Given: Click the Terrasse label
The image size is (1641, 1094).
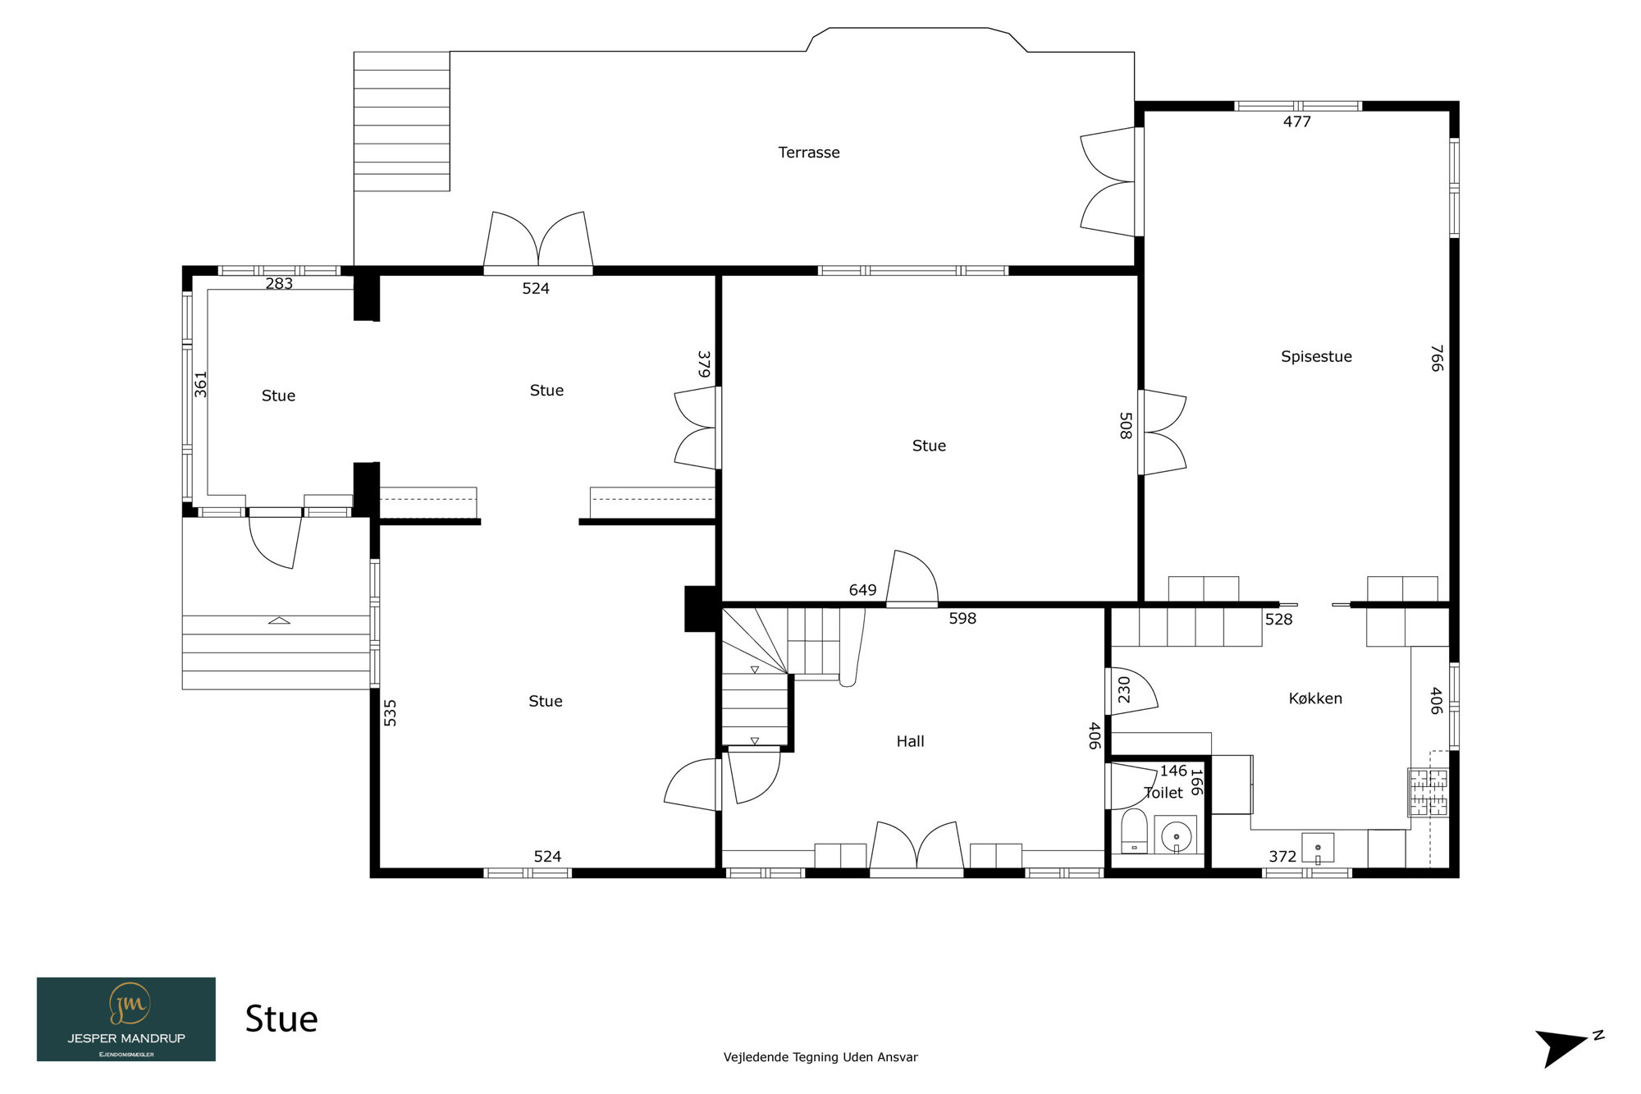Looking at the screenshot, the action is click(809, 153).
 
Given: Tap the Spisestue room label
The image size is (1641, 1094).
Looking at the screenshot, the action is click(1316, 356).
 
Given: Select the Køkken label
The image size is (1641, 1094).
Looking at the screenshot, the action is click(1315, 698).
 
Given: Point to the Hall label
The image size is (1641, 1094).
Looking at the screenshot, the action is click(910, 741).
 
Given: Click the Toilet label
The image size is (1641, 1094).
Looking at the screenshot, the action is click(1163, 793).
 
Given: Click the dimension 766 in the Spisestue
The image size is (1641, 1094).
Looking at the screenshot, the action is click(1437, 358).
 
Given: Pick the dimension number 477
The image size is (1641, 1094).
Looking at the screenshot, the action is click(1297, 121).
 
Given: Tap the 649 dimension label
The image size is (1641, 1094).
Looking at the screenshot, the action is click(862, 590).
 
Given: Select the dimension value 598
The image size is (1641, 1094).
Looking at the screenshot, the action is click(962, 619).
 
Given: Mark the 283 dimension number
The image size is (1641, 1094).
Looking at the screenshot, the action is click(279, 283).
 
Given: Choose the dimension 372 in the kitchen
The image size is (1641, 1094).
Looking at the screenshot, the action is click(1282, 857).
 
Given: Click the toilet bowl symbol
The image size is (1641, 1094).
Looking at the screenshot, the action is click(1134, 831).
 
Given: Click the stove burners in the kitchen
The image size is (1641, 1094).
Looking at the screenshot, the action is click(1428, 792).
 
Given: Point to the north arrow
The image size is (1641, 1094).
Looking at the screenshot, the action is click(1563, 1047).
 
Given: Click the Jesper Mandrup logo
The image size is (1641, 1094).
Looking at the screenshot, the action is click(126, 1019).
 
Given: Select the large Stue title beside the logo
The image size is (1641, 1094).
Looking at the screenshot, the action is click(281, 1019).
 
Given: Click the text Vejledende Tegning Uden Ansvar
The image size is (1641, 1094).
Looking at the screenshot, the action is click(820, 1057).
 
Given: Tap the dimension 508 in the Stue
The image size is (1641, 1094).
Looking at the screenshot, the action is click(1126, 426).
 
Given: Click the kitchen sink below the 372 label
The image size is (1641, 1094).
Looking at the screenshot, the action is click(1318, 848).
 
